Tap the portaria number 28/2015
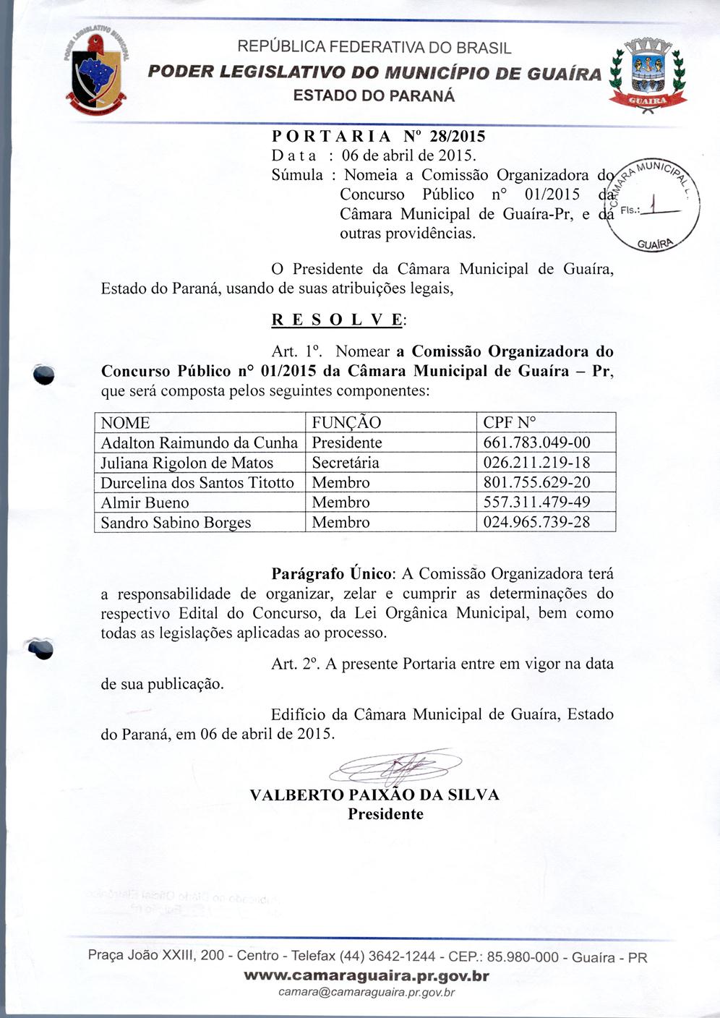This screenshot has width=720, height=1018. pos(457,136)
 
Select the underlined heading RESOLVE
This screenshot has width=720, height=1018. pos(339,320)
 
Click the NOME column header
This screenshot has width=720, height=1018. pos(125,423)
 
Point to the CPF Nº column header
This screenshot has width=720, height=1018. pos(510,423)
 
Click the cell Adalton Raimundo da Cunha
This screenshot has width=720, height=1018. pos(199,442)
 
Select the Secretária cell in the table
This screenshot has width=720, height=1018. pos(346,463)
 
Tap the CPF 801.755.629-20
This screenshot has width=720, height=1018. pos(536,482)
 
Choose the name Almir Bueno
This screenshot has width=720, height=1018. pos(145,502)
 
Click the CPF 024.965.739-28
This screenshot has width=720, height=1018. pos(536,522)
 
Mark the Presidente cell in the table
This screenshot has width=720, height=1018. pos(347,442)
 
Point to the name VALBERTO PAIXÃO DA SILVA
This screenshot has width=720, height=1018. pos(374,795)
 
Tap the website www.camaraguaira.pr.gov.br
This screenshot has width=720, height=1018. pos(367,976)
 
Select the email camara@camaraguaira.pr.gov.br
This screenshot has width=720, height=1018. pos(367,993)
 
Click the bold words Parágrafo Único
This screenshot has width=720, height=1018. pos(332,574)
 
